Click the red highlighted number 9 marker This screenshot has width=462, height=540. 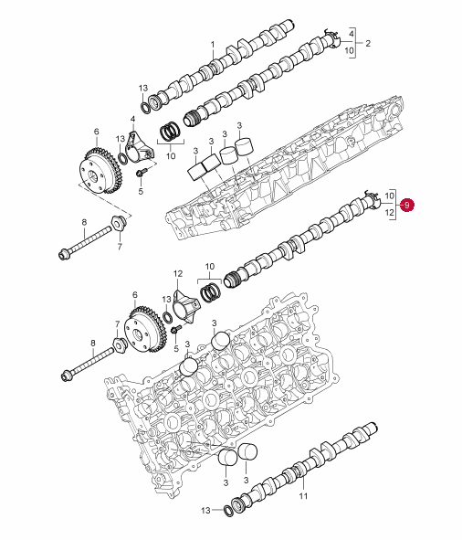coord(407,205)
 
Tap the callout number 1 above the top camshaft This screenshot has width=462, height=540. coord(213,45)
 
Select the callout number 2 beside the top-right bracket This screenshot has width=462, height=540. coord(368,43)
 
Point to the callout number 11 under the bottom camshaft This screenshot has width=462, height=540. coord(303,496)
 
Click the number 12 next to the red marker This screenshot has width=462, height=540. coord(389,213)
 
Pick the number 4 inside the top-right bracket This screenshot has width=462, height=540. coord(352,34)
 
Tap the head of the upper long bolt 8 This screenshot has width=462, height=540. coord(63,255)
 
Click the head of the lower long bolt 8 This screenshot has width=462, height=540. coord(67,376)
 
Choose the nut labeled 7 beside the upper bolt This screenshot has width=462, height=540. coord(119,224)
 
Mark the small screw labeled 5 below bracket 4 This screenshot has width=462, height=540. coord(142,172)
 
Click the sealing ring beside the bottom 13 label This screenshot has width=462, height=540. coord(227,511)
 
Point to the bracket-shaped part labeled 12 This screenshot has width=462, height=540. coord(185,306)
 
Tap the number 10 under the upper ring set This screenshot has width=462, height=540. coord(171,155)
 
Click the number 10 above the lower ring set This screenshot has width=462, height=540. coord(210,266)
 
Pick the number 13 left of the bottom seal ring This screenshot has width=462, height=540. coord(205,510)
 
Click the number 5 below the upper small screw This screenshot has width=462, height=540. coord(141,191)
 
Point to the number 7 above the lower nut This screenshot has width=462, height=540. coord(117,324)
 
